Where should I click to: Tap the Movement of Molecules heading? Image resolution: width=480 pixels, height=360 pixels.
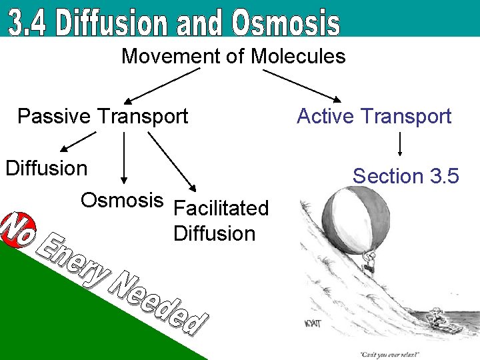pos(233,56)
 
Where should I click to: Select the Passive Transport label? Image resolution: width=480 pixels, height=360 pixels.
pos(103,117)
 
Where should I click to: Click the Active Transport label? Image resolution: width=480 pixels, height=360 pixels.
pos(374,117)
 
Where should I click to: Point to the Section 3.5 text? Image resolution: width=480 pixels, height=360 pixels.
pos(405,176)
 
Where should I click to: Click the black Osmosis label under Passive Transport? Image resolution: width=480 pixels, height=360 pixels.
pos(122,199)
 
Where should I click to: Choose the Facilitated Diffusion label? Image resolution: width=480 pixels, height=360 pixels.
pos(220,221)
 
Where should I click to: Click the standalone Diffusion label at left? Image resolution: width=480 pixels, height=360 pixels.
pos(47,168)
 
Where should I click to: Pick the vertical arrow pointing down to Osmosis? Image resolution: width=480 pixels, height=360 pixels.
pos(123,157)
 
